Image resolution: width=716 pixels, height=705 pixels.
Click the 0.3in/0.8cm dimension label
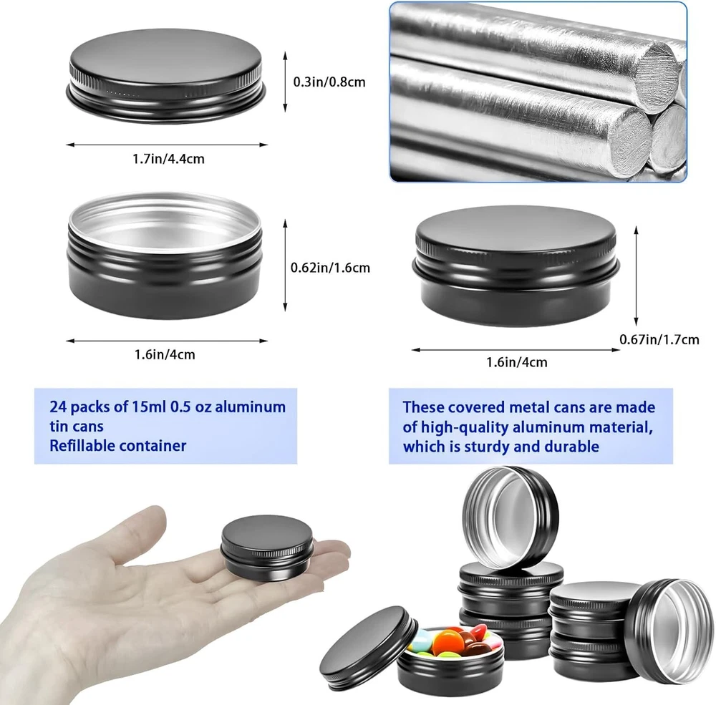pos(329,82)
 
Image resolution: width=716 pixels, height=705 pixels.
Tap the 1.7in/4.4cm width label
pos(168,159)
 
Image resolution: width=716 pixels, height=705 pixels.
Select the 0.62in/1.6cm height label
pos(330,268)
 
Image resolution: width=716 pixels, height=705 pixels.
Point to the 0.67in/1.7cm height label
pos(659,340)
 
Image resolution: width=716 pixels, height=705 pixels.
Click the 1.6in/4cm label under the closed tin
pos(516,363)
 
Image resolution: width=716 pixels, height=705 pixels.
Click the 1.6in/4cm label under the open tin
pos(165,355)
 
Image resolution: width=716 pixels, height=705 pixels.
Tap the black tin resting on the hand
pos(268,548)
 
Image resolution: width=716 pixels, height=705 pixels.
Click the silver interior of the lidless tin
pos(165,225)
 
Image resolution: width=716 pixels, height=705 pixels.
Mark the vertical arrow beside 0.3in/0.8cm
pos(286,82)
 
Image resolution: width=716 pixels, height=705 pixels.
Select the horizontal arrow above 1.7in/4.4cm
pos(167,145)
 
